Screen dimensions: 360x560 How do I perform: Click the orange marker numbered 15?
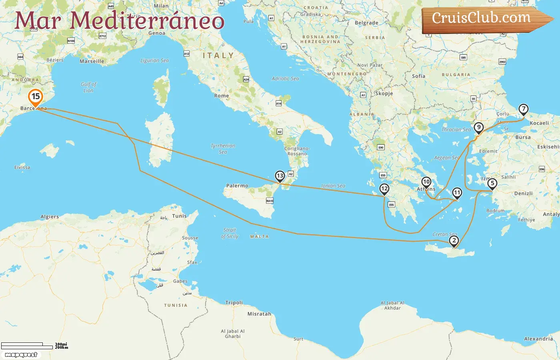pyautogui.click(x=36, y=97)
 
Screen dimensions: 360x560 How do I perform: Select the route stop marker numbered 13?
pyautogui.click(x=280, y=176)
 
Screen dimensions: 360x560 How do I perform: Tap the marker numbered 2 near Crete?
pyautogui.click(x=454, y=241)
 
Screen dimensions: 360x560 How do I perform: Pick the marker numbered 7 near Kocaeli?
pyautogui.click(x=523, y=109)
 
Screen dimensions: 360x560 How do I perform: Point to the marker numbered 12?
pyautogui.click(x=384, y=189)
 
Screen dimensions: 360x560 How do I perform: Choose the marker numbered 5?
pyautogui.click(x=492, y=184)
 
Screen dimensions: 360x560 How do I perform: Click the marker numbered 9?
pyautogui.click(x=478, y=128)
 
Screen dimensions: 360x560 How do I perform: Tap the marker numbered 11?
pyautogui.click(x=457, y=193)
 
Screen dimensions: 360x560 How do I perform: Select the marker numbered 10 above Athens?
pyautogui.click(x=426, y=182)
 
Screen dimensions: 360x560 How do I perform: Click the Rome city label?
pyautogui.click(x=222, y=96)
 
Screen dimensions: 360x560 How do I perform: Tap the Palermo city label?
pyautogui.click(x=237, y=186)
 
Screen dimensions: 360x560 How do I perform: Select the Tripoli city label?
pyautogui.click(x=234, y=303)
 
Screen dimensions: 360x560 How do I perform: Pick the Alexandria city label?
pyautogui.click(x=538, y=339)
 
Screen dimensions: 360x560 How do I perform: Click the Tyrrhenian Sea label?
pyautogui.click(x=223, y=149)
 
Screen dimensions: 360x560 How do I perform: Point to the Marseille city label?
pyautogui.click(x=92, y=61)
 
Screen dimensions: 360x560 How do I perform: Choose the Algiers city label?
pyautogui.click(x=50, y=217)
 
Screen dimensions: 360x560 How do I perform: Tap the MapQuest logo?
pyautogui.click(x=21, y=355)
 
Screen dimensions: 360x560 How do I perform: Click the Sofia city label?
pyautogui.click(x=418, y=76)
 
